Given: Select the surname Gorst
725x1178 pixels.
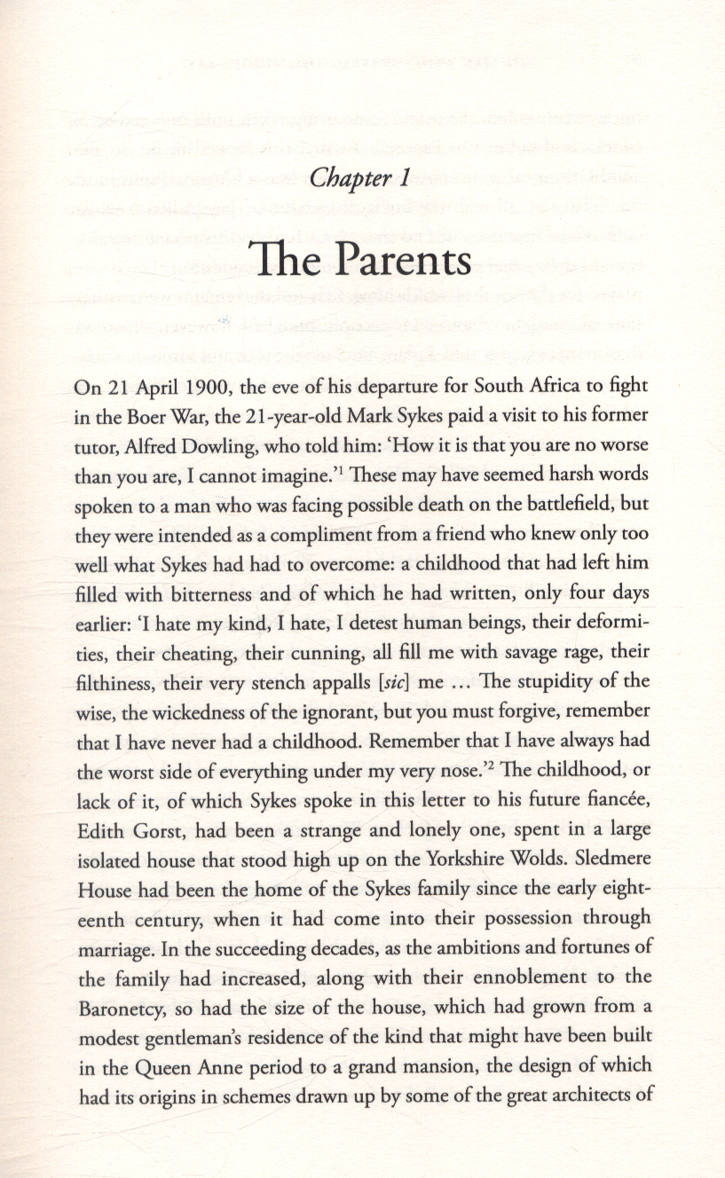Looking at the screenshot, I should click(154, 829).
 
